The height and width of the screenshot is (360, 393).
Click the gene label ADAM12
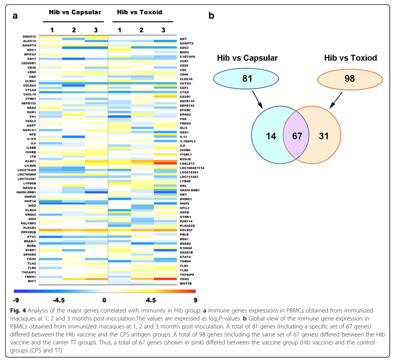[x=30, y=37]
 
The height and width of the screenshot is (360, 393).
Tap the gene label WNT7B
[x=186, y=283]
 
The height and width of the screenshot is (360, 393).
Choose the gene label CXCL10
[x=30, y=94]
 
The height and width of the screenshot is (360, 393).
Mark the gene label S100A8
[x=186, y=248]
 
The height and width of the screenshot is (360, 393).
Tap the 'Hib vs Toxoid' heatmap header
[x=140, y=12]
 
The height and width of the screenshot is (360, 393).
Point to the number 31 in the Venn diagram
[x=324, y=136]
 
